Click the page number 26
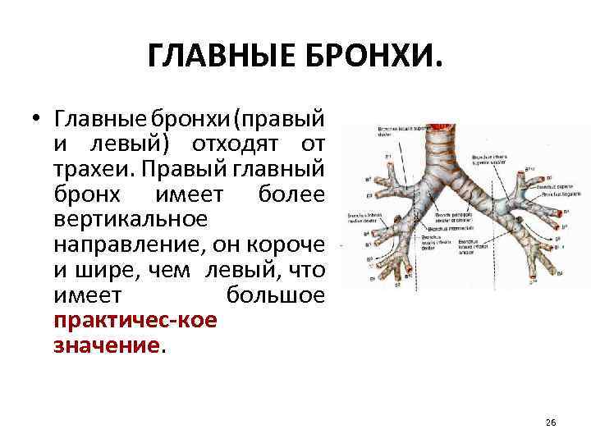pyautogui.click(x=550, y=422)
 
